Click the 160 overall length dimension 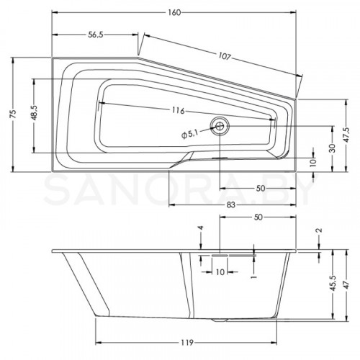click(174, 13)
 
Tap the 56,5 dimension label click(96, 35)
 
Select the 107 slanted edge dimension click(225, 56)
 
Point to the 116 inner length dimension click(179, 110)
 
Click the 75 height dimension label click(13, 114)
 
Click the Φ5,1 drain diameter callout click(189, 135)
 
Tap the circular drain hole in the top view click(220, 125)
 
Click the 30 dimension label click(332, 148)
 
